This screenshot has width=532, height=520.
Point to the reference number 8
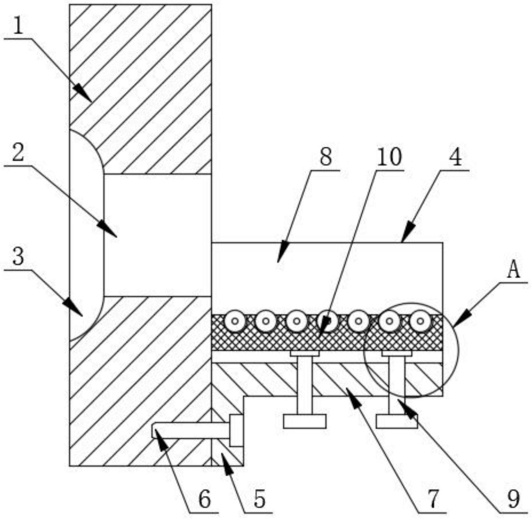click(x=326, y=158)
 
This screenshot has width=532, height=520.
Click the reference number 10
click(x=389, y=157)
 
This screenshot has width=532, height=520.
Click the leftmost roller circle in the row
click(x=235, y=321)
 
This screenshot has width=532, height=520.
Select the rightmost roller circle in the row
click(x=421, y=321)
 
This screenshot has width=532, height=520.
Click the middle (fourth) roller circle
click(x=328, y=321)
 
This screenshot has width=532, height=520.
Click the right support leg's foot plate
click(x=397, y=421)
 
